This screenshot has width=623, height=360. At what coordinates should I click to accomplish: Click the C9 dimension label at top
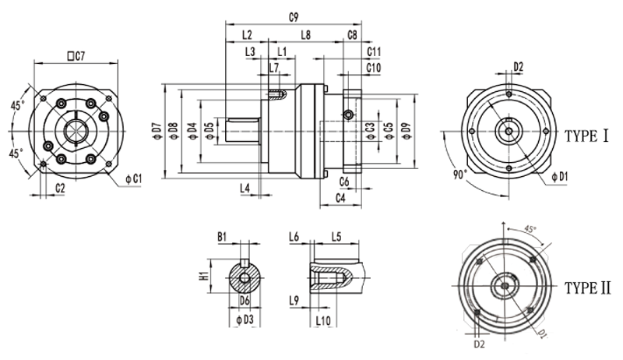pyautogui.click(x=294, y=16)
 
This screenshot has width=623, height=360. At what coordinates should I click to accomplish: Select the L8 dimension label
pyautogui.click(x=306, y=36)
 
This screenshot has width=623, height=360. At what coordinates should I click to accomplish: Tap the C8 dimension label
pyautogui.click(x=353, y=36)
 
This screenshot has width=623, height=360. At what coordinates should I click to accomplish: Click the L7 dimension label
pyautogui.click(x=273, y=69)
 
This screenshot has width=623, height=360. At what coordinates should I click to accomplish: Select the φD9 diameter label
pyautogui.click(x=405, y=130)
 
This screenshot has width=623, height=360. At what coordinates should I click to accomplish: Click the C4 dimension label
pyautogui.click(x=340, y=199)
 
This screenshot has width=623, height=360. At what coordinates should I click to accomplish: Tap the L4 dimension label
pyautogui.click(x=245, y=189)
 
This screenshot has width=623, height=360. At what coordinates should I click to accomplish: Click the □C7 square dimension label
pyautogui.click(x=76, y=55)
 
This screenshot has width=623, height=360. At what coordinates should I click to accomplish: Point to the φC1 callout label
pyautogui.click(x=133, y=179)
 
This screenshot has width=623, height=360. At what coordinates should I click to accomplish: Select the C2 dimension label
pyautogui.click(x=60, y=189)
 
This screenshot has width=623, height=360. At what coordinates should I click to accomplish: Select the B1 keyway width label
pyautogui.click(x=221, y=235)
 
